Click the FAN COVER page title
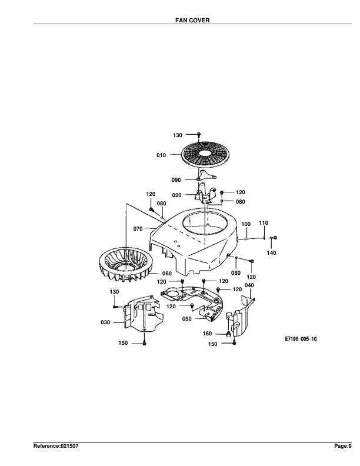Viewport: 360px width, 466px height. pos(192,20)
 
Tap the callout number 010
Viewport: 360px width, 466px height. pos(161,155)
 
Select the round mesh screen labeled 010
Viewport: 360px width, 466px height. pos(205,155)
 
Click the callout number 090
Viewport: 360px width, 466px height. pos(176,180)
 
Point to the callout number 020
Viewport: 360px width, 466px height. pos(176,195)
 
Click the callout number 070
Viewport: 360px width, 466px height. pos(138,229)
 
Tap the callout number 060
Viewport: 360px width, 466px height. pos(167,274)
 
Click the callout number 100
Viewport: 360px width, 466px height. pos(246,224)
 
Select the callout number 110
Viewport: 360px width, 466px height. pos(264,223)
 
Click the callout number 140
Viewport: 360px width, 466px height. pos(272,253)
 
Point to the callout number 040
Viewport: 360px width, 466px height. pos(249,285)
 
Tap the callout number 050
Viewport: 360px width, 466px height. pos(187,319)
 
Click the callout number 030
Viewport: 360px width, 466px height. pos(105,322)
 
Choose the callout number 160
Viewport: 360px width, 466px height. pos(207,334)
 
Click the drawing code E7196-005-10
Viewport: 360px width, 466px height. pos(301,339)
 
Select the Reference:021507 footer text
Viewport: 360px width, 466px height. pos(56,446)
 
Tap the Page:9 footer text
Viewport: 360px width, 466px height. pos(343,446)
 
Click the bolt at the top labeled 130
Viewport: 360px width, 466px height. pos(199,135)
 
